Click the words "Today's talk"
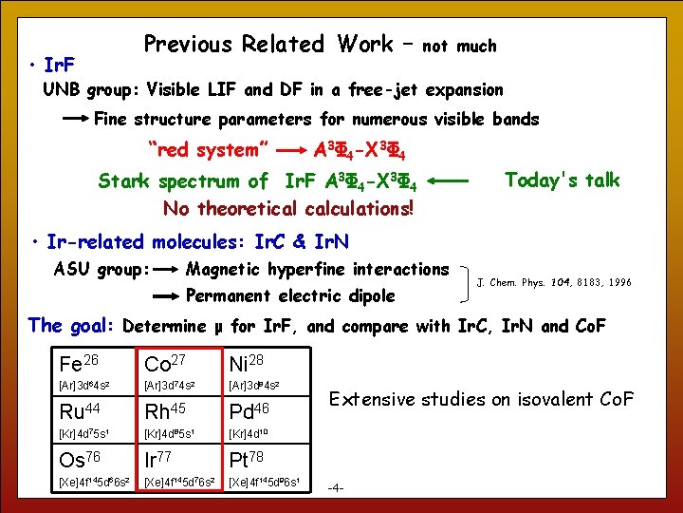562,180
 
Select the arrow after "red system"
292,150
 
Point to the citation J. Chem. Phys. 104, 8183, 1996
553,282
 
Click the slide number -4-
336,488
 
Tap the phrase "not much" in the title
459,46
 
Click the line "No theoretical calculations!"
288,208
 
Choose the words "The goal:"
72,326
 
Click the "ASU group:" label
102,269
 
